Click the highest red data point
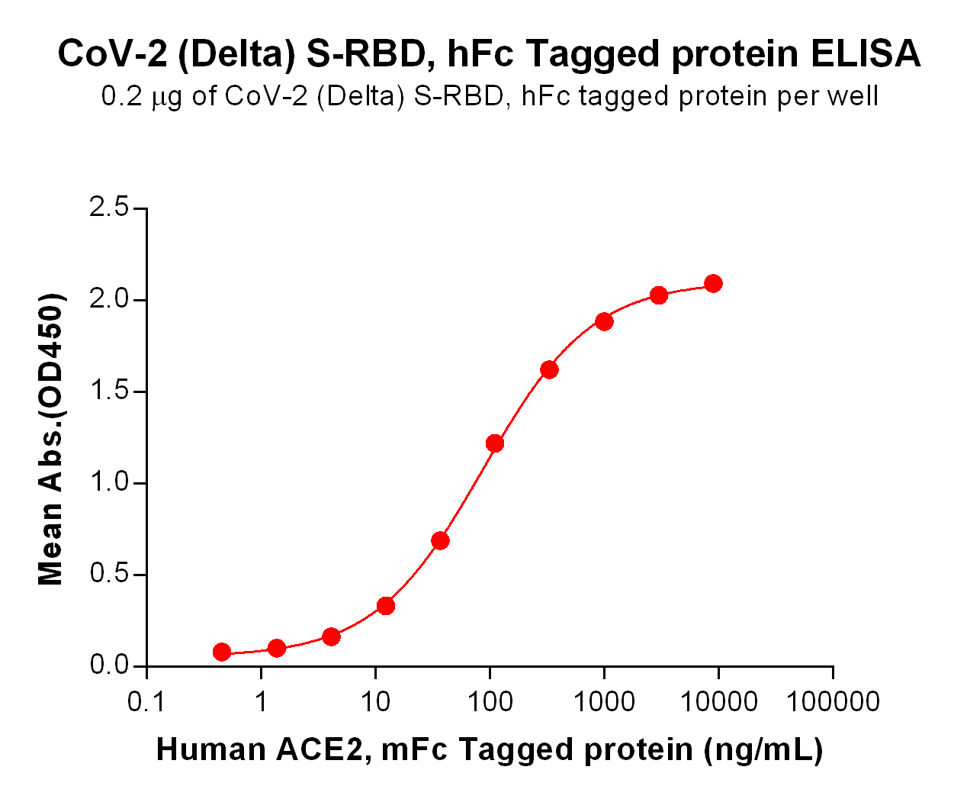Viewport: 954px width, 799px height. point(713,284)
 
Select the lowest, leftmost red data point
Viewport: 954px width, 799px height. point(222,652)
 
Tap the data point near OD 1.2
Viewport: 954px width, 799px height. point(495,443)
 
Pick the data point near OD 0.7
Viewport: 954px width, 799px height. point(440,541)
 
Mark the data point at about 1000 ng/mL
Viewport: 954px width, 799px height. point(604,321)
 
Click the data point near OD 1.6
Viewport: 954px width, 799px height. point(549,370)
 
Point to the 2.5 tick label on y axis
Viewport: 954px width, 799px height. point(110,208)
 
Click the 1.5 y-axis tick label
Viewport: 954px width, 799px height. point(110,391)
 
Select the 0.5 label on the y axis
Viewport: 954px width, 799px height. point(110,574)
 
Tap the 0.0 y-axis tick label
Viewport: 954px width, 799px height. point(110,665)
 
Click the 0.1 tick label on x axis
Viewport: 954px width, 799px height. point(146,701)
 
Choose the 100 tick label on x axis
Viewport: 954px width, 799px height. point(490,701)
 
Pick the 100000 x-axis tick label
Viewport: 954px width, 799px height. point(833,701)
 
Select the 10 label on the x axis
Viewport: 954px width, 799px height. point(375,701)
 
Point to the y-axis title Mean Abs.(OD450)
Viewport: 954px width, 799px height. point(51,439)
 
